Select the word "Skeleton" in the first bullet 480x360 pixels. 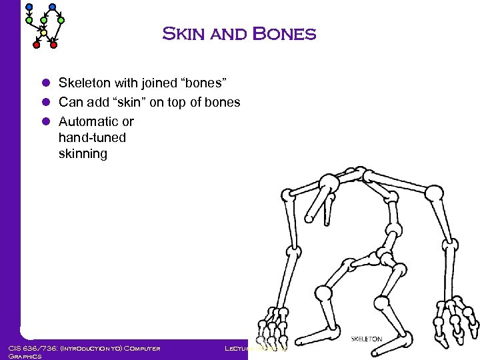click(83, 83)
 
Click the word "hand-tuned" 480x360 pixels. click(92, 137)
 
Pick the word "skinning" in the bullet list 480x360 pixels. click(83, 154)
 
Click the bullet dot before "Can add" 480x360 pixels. click(47, 103)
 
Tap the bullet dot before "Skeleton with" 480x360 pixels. click(47, 83)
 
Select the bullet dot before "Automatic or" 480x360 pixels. click(47, 122)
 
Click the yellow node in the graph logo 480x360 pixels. click(43, 33)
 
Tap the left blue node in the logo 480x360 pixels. click(29, 7)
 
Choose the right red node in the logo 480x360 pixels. click(54, 45)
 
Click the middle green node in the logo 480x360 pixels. click(44, 20)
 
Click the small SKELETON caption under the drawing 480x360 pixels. click(367, 339)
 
